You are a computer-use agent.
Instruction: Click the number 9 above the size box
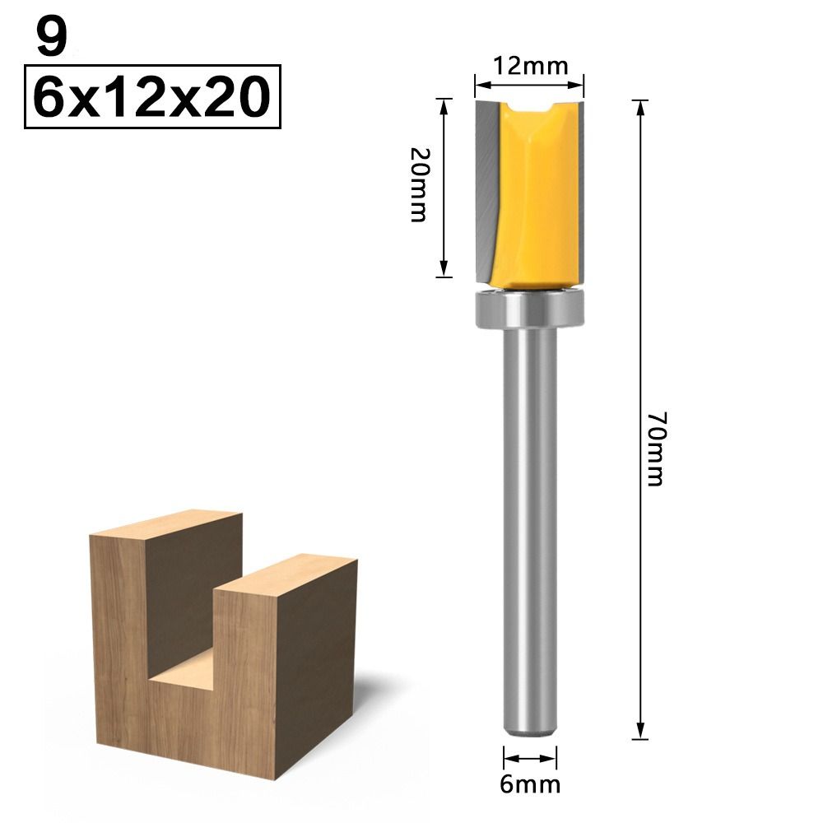click(x=51, y=38)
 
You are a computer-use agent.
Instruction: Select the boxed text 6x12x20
click(x=153, y=98)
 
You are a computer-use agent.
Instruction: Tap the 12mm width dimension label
click(x=530, y=66)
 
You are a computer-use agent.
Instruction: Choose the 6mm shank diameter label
click(x=531, y=783)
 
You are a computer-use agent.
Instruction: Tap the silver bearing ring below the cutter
click(x=530, y=309)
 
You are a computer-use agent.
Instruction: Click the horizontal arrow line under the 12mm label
click(x=530, y=82)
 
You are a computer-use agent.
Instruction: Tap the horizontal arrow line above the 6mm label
click(x=531, y=759)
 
